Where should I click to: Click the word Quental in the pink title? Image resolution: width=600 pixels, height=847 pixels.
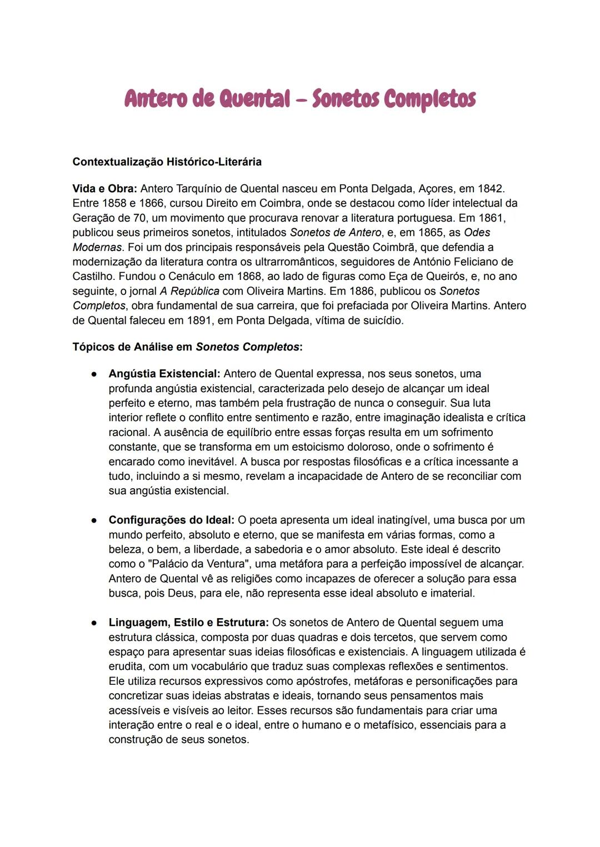[x=255, y=99]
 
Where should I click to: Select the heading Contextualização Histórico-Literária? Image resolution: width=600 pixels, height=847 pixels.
[x=167, y=162]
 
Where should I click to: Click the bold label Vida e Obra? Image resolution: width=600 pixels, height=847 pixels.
[x=104, y=189]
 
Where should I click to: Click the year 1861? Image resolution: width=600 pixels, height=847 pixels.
[x=491, y=218]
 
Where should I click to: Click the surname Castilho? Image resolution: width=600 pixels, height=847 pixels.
[x=93, y=276]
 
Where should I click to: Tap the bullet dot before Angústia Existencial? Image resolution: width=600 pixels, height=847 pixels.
[x=95, y=374]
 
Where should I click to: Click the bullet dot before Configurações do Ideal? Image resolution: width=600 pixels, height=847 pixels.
[x=95, y=520]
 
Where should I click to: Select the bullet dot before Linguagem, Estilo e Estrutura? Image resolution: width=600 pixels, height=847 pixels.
[x=95, y=623]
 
